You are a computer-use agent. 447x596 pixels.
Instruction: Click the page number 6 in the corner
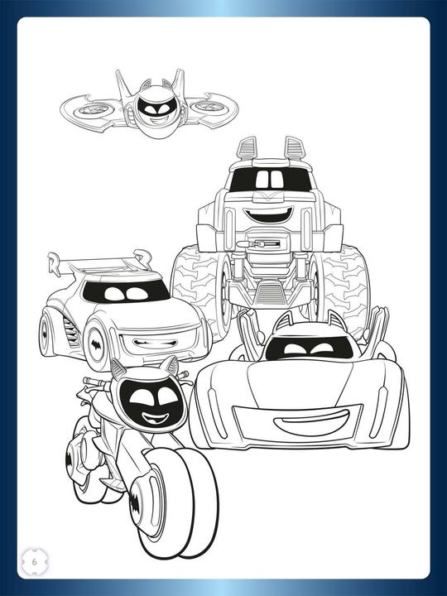click(35, 560)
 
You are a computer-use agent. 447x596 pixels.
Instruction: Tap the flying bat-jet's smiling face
click(151, 110)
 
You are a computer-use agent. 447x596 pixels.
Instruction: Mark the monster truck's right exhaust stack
click(294, 149)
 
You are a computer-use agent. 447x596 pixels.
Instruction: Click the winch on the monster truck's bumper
click(267, 246)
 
